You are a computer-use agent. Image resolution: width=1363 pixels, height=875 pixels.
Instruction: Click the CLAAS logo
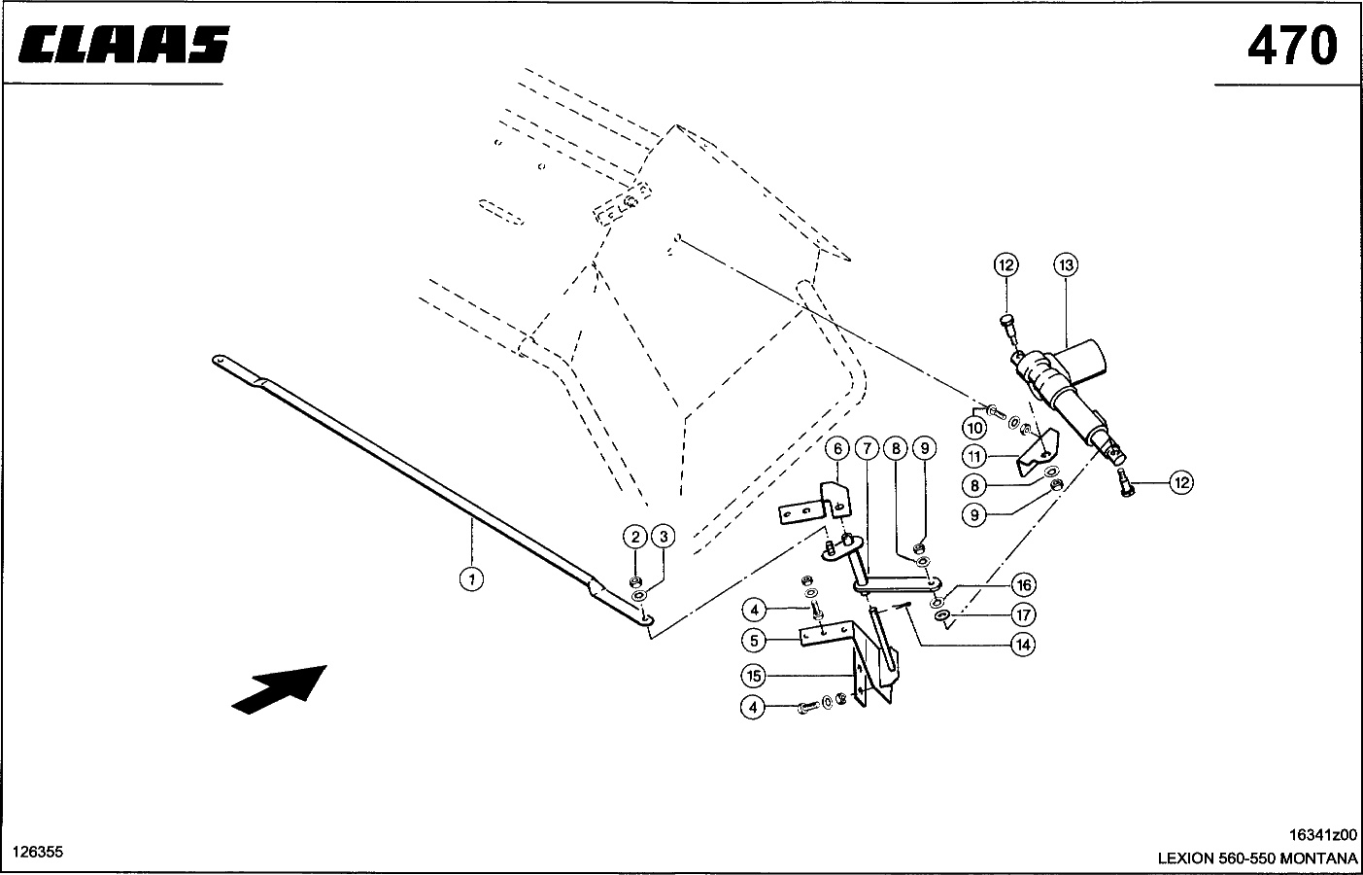(124, 45)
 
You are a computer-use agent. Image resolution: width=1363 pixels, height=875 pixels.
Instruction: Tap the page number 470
(1292, 46)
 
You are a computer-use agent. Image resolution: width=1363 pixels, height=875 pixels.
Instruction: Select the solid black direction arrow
(279, 689)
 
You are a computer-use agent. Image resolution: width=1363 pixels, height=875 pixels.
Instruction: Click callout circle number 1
(471, 578)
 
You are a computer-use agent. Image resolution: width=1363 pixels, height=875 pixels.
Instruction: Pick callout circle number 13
(1066, 264)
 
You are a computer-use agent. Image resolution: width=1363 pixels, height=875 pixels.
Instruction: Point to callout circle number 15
(753, 676)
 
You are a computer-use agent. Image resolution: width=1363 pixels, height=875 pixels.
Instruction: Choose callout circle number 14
(1024, 645)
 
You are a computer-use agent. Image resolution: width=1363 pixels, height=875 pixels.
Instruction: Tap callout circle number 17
(1024, 614)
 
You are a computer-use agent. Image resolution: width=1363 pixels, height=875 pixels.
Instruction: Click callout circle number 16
(1024, 585)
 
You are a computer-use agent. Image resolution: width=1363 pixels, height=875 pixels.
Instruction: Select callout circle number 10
(974, 428)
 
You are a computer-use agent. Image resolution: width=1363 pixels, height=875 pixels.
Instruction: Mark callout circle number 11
(974, 456)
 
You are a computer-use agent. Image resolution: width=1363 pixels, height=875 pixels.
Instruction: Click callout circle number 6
(837, 449)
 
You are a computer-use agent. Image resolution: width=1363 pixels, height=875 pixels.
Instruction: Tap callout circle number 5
(754, 640)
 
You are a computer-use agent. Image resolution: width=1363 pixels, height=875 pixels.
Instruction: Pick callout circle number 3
(664, 537)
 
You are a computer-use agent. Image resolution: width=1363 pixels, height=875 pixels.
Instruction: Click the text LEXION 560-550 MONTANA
(1257, 857)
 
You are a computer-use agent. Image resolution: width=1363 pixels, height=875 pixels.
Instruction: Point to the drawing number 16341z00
(1323, 834)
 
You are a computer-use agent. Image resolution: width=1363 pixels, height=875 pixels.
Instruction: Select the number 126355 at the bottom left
(38, 852)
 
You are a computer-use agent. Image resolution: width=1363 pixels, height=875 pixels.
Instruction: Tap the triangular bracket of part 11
(1039, 452)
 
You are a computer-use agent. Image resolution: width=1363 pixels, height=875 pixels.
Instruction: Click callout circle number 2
(635, 537)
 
